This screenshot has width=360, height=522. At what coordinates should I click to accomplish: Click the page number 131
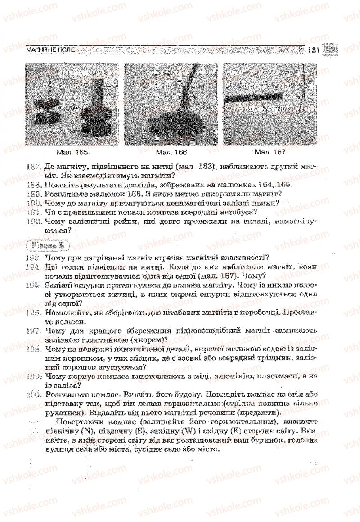tap(313, 50)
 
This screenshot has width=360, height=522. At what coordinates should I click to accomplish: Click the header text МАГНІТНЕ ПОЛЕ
tap(50, 50)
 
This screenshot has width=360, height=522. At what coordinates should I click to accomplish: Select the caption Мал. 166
tap(170, 152)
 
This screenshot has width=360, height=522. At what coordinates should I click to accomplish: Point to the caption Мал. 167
tap(270, 152)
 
